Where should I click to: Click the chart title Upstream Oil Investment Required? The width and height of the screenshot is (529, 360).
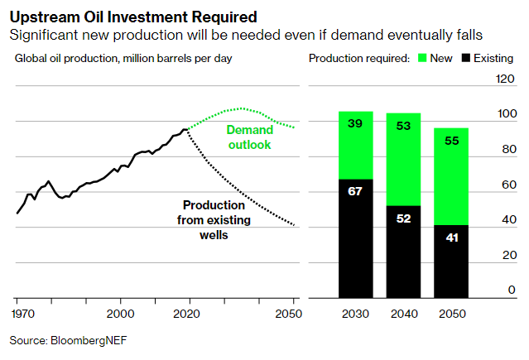coord(132,16)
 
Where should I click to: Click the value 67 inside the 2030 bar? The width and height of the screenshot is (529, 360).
coord(355,191)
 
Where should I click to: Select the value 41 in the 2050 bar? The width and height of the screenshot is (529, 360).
coord(451,238)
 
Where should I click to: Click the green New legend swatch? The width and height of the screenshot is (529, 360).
coord(422,59)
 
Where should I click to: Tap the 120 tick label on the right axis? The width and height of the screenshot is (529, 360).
coord(505,79)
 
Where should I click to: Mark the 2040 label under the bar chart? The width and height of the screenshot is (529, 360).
coord(403,314)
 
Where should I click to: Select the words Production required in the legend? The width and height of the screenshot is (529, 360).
coord(358,59)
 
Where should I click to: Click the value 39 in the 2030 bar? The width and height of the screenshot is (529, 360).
coord(355,122)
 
